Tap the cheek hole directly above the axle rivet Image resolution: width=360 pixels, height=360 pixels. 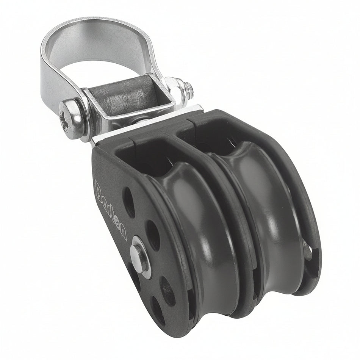point(152,235)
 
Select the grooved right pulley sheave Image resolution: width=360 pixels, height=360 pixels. point(265,212)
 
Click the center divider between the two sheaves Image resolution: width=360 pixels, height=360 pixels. point(237,227)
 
